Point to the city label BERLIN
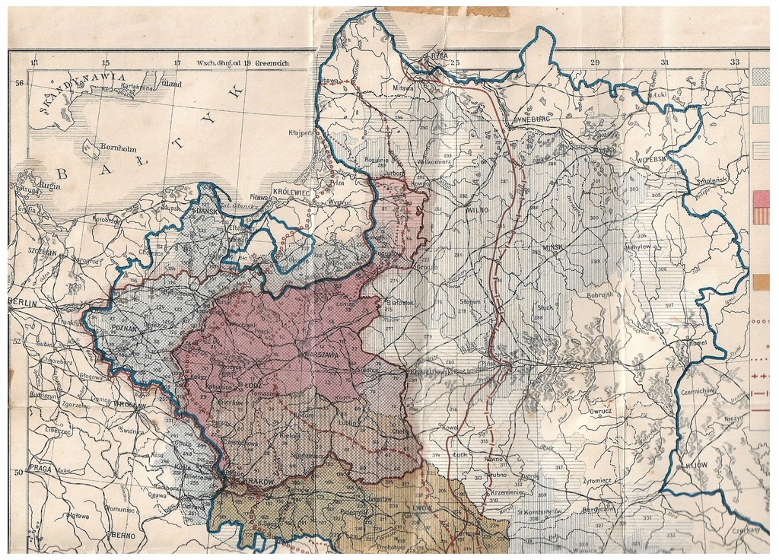pyautogui.click(x=22, y=302)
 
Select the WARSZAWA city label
pyautogui.click(x=325, y=355)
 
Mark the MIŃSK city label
pyautogui.click(x=558, y=249)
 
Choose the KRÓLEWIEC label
pyautogui.click(x=291, y=193)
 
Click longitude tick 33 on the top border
pyautogui.click(x=734, y=62)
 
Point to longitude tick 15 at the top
pyautogui.click(x=105, y=62)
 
